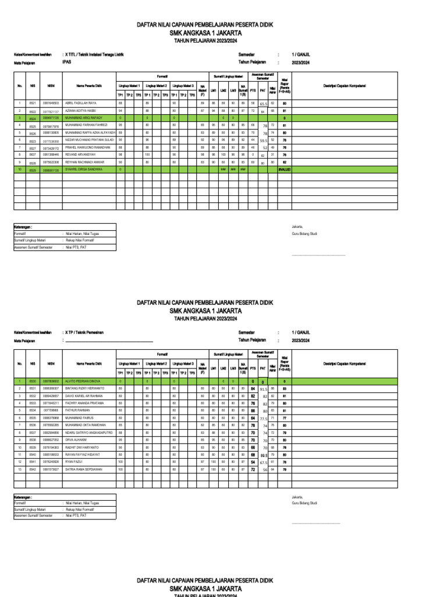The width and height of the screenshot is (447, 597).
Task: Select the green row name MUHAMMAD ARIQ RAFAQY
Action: point(84,118)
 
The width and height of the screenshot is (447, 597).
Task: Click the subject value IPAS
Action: point(68,61)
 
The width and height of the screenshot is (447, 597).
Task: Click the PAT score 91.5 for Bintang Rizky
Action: point(263,389)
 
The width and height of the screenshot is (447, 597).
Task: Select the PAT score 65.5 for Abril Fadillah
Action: point(263,103)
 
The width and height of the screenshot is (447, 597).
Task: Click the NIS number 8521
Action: point(33,103)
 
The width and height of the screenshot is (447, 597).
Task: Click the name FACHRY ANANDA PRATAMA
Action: point(84,403)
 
